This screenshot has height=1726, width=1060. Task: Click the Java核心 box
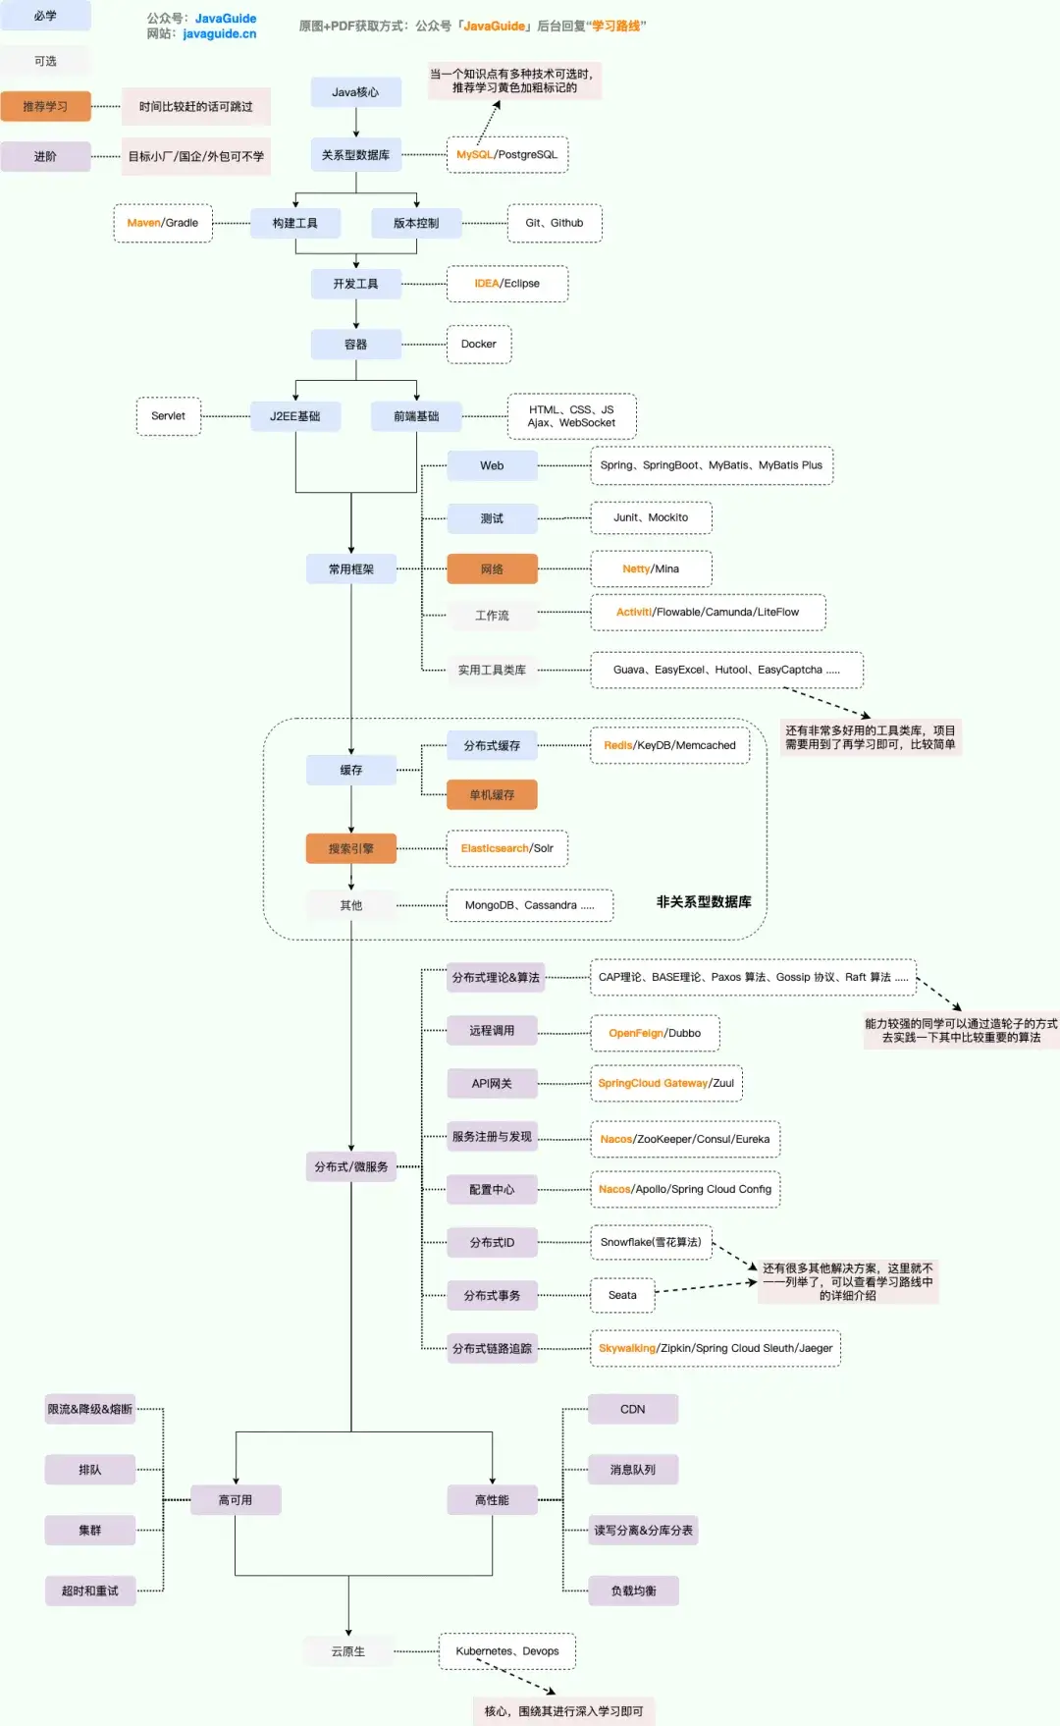(x=355, y=92)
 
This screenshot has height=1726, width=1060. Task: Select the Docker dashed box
(x=479, y=345)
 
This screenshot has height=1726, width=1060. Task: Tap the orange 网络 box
(x=492, y=569)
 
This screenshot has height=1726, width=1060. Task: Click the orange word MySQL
(x=474, y=155)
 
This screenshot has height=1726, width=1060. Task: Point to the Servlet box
(x=168, y=416)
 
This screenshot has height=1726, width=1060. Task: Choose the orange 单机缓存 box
(x=492, y=795)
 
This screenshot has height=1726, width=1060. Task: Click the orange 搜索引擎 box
(x=350, y=849)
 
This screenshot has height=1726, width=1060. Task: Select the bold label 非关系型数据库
(x=704, y=902)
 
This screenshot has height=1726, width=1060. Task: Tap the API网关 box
(x=492, y=1084)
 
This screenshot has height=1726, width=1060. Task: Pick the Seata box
(x=622, y=1296)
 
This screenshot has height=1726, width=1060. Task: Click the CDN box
(x=633, y=1410)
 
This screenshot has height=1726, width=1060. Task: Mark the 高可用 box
(x=236, y=1500)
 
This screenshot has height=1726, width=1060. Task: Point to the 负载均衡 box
(x=633, y=1591)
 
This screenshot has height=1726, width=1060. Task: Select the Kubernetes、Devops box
(x=507, y=1651)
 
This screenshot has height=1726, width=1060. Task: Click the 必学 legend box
(x=45, y=16)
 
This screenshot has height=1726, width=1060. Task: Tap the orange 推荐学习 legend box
(x=45, y=107)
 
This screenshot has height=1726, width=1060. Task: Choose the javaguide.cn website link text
(x=220, y=34)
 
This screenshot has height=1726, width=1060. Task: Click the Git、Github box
(x=555, y=224)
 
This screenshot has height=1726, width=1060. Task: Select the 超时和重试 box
(x=90, y=1591)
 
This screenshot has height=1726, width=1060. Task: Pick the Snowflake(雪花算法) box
(x=651, y=1243)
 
